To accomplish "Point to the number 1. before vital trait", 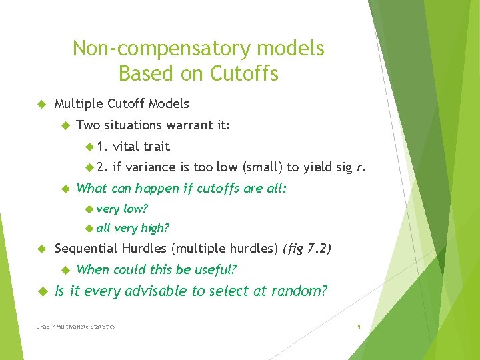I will pos(103,146).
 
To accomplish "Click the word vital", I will pos(126,146).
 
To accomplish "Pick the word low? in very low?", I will pos(135,209).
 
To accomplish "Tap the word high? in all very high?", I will pos(155,228).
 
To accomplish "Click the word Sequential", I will pos(84,249).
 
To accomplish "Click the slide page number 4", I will pos(359,327).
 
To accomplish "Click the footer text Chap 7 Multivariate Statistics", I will pos(75,327).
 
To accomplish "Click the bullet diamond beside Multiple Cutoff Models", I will pos(40,104).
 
